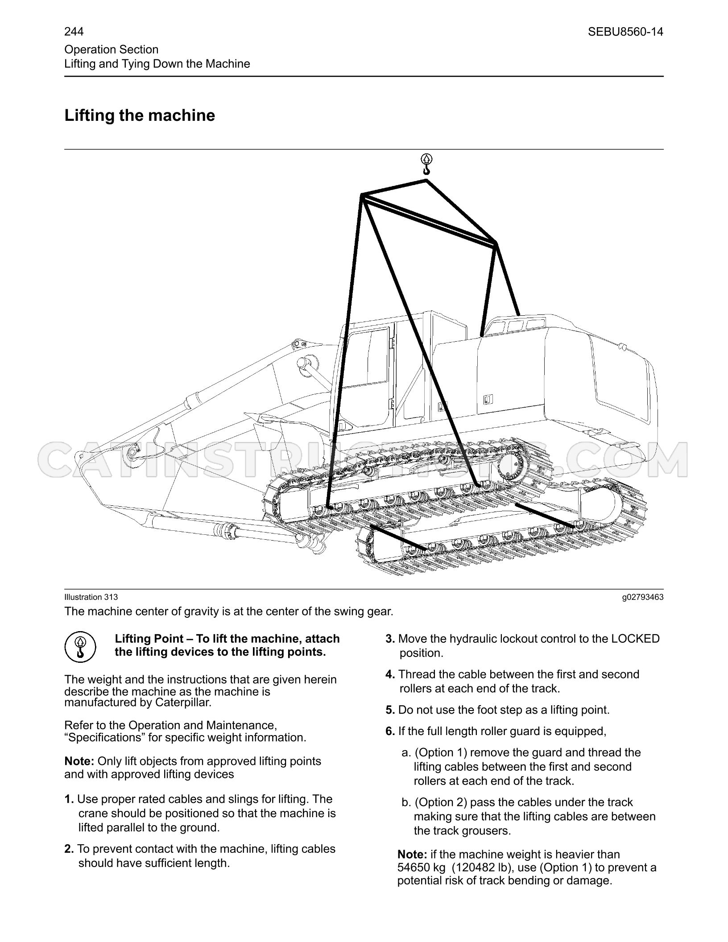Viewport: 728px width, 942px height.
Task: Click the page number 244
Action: [x=74, y=32]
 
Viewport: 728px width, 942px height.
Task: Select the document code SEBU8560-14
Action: [x=625, y=32]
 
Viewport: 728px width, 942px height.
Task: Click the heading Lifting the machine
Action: [x=140, y=115]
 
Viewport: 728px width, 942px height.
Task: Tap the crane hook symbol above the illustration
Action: [x=426, y=164]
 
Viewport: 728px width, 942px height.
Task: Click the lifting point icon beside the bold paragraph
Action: [x=80, y=646]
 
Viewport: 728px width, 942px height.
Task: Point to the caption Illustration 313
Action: [x=91, y=597]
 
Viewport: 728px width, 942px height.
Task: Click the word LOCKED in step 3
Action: [x=635, y=639]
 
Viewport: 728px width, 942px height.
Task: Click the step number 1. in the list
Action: [x=69, y=799]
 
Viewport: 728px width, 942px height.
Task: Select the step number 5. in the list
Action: [x=390, y=710]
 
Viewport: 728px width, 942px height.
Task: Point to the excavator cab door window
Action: [x=368, y=357]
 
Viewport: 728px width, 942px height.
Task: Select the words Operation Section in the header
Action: [x=112, y=50]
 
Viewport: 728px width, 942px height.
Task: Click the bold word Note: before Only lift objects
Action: [x=79, y=761]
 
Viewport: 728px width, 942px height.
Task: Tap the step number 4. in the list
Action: [x=390, y=674]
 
